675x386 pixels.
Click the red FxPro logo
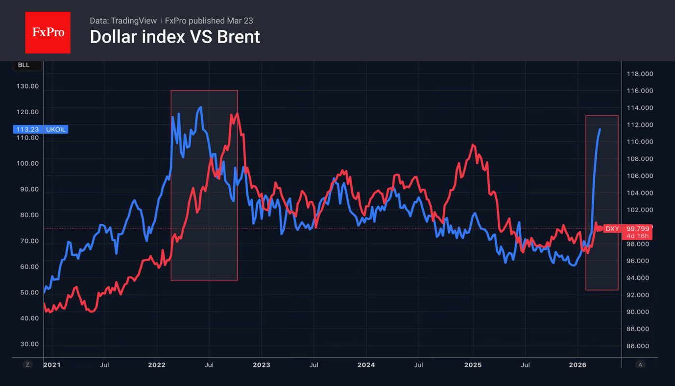click(48, 32)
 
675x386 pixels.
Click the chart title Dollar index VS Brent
click(174, 37)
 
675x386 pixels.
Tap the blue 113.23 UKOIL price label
click(40, 129)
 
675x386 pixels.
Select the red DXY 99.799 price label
click(627, 229)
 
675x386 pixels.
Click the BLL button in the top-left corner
click(24, 65)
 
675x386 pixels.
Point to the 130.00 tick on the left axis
click(27, 86)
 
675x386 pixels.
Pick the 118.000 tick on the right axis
click(640, 74)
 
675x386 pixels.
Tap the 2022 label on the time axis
click(157, 365)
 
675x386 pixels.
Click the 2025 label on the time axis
click(473, 365)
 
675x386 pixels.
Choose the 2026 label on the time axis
click(578, 365)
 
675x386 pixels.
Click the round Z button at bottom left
click(27, 365)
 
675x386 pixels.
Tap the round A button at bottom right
click(640, 365)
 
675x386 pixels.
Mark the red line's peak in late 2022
click(237, 114)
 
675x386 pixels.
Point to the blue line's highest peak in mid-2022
click(201, 107)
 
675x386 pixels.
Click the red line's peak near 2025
click(473, 145)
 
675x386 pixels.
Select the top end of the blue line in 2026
click(600, 129)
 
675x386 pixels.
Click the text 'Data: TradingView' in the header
click(123, 21)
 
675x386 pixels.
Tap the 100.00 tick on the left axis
click(27, 164)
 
